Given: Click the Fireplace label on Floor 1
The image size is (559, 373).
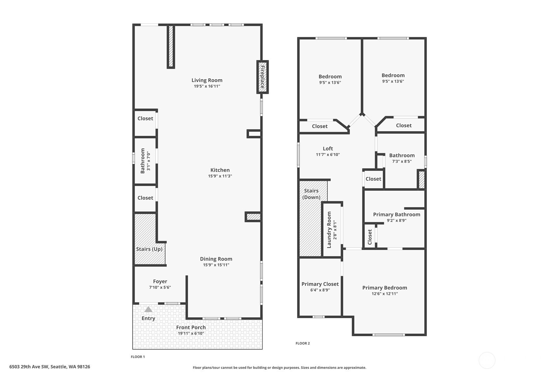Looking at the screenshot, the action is [263, 77].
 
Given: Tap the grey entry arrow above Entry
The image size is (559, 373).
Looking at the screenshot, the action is [148, 309].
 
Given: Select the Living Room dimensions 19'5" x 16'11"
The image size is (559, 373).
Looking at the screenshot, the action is [207, 86].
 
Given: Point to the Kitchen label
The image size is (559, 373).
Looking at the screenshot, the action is [220, 170].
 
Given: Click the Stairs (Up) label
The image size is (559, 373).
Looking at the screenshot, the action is [149, 249].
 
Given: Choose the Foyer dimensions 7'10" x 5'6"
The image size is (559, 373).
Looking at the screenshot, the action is [160, 287].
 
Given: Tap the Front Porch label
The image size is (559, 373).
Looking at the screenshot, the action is [191, 327].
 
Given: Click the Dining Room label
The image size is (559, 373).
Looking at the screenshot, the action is [216, 259].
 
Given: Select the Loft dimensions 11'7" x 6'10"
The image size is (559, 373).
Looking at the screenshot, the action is [328, 154].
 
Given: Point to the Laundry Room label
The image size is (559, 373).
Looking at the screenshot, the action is [329, 230].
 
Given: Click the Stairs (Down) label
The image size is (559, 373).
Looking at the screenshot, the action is [311, 194].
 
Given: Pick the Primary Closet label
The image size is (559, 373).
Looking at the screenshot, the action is [320, 284].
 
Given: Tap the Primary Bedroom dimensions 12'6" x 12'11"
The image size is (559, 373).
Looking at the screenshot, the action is [384, 294].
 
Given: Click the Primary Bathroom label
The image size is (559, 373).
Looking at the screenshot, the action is [397, 214].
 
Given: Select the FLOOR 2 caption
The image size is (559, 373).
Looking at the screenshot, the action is [302, 343].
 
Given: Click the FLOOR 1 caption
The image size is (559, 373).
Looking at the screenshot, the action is [138, 357].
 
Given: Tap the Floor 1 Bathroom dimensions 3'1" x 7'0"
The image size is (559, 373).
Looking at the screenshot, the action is [149, 161].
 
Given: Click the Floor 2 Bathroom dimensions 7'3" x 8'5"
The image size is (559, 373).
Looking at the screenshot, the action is [402, 161].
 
